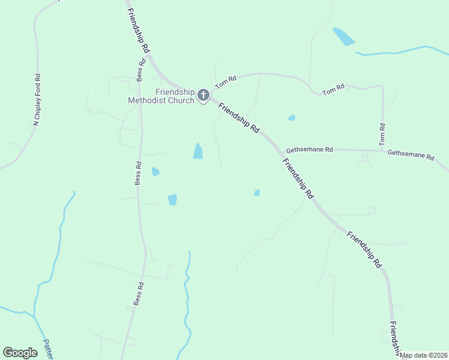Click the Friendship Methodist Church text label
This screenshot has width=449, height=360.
pos(161,96)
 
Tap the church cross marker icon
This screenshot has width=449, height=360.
pos(203,95)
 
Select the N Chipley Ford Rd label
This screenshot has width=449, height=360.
pos(38,100)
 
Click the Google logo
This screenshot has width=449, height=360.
pos(20,353)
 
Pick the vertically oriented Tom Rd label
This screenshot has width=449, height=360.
pos(382,135)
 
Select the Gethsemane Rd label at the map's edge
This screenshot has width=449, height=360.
pos(411,154)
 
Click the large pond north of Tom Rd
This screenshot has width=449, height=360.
pos(344,37)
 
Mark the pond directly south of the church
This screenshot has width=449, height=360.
pos(197,151)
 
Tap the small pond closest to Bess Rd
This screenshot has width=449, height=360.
pos(155,172)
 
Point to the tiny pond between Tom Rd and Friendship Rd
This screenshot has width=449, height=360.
pos(292,118)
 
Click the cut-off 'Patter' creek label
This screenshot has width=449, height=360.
pos(48,350)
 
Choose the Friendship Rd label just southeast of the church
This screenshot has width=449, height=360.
pos(239,118)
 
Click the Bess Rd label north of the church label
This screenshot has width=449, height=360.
pos(142,70)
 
